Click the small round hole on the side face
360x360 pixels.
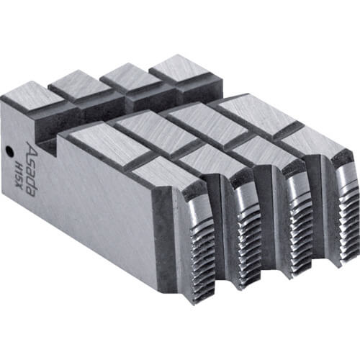tap(9, 151)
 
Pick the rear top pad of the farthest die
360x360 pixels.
tap(179, 66)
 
